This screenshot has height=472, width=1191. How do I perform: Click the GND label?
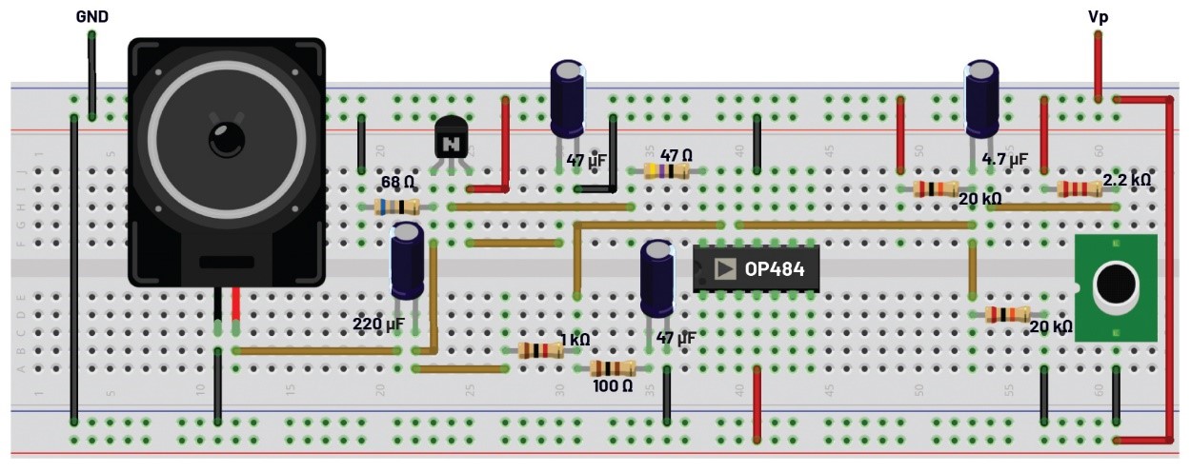pyautogui.click(x=91, y=16)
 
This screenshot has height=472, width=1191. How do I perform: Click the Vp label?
pyautogui.click(x=1098, y=17)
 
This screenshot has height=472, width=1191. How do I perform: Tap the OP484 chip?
pyautogui.click(x=756, y=269)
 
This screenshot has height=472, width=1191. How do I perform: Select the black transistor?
pyautogui.click(x=451, y=140)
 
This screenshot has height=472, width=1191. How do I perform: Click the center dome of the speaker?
pyautogui.click(x=227, y=140)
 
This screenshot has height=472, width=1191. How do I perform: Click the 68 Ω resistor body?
pyautogui.click(x=397, y=206)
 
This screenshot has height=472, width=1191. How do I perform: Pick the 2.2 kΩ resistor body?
pyautogui.click(x=1080, y=188)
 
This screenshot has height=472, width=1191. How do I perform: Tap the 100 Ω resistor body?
pyautogui.click(x=612, y=368)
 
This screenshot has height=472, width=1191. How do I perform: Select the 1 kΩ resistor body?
pyautogui.click(x=540, y=350)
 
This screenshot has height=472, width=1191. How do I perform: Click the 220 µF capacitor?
pyautogui.click(x=408, y=261)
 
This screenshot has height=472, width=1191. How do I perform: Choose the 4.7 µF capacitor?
pyautogui.click(x=982, y=100)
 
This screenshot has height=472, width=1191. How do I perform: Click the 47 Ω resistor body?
pyautogui.click(x=667, y=170)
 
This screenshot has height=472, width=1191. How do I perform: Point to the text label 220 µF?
pyautogui.click(x=378, y=324)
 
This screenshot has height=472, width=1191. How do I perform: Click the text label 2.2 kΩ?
pyautogui.click(x=1127, y=179)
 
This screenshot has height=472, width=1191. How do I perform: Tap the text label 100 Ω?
pyautogui.click(x=613, y=386)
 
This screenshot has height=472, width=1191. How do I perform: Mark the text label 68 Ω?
pyautogui.click(x=397, y=182)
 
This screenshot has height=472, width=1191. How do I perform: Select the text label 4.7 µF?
pyautogui.click(x=1005, y=160)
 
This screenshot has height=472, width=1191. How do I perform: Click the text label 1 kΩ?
pyautogui.click(x=575, y=339)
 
